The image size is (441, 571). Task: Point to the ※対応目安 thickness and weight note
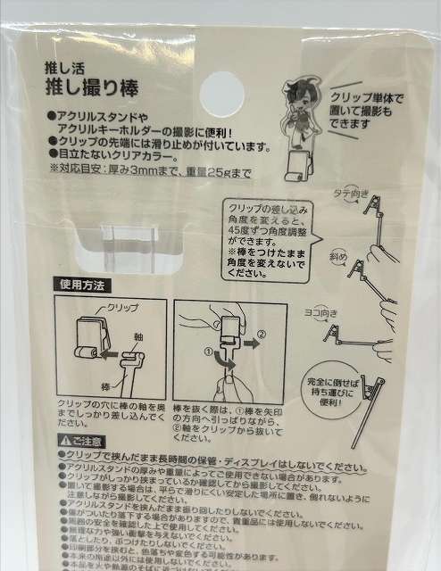(149, 172)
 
